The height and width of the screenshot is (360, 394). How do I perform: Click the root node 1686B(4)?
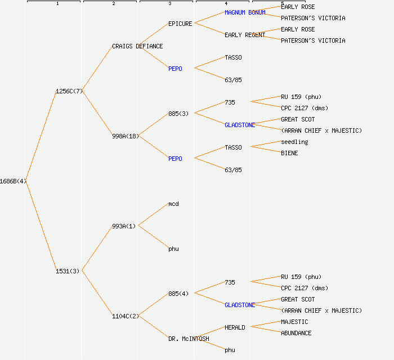tap(13, 181)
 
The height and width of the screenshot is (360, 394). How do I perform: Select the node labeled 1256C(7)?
tap(69, 91)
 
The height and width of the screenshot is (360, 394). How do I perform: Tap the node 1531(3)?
tap(68, 271)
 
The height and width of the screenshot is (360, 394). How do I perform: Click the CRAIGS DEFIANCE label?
tap(137, 46)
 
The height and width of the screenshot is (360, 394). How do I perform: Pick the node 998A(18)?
tap(126, 136)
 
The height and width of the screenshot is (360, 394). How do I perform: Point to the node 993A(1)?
tap(124, 226)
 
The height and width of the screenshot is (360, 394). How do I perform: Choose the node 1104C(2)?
tap(126, 316)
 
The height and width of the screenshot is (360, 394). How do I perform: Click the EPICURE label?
tap(180, 24)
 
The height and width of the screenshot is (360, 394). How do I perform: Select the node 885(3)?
tap(178, 114)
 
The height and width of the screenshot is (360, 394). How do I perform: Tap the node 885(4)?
tap(178, 294)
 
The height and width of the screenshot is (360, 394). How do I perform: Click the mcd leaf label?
tap(173, 204)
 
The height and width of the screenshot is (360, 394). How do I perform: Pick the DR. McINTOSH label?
tap(189, 339)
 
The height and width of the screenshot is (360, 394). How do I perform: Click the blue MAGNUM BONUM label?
tap(245, 12)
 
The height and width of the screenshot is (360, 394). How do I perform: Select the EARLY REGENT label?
tap(245, 35)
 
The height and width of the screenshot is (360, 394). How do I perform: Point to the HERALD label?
tap(235, 327)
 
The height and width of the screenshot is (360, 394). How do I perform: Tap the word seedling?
tap(294, 142)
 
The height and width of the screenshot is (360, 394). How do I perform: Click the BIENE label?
tap(289, 153)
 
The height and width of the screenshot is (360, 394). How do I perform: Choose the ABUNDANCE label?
tap(296, 333)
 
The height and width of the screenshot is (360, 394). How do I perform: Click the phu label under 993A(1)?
tap(173, 249)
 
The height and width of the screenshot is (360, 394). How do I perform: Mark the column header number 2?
tap(114, 4)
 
